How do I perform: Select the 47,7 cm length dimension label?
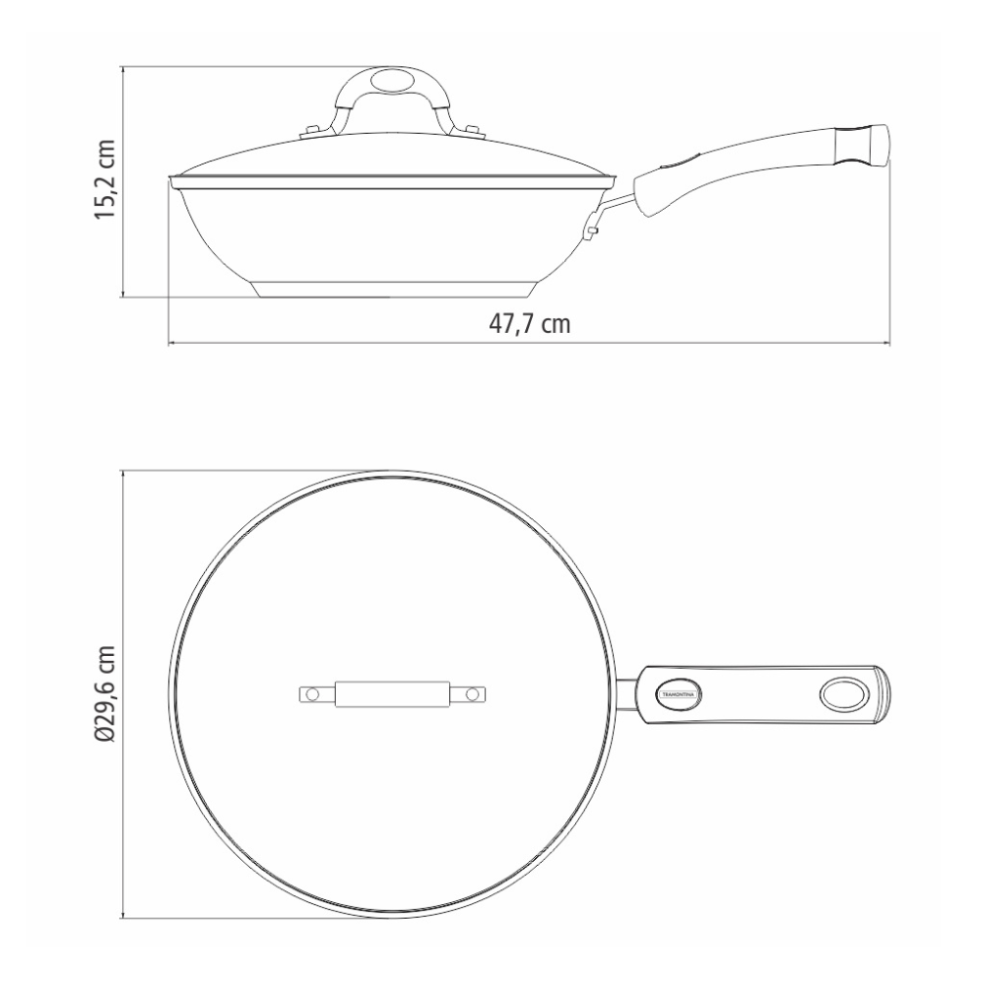530,324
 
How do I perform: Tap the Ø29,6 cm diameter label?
105,695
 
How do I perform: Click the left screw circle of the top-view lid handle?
312,695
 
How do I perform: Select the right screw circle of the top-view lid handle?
472,695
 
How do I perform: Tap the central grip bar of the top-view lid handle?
392,695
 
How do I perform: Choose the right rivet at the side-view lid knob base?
471,129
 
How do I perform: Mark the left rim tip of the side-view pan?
171,181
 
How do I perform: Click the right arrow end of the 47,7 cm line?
889,343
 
